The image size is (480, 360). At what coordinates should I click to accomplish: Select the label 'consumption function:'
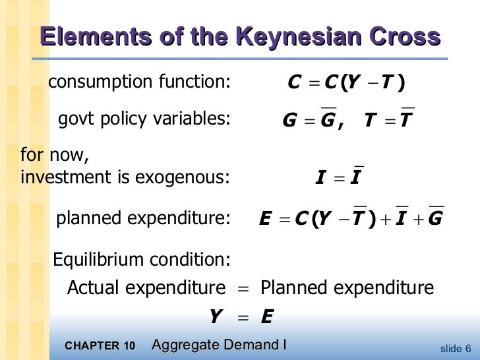[139, 82]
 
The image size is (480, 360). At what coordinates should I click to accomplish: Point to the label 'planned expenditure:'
[143, 218]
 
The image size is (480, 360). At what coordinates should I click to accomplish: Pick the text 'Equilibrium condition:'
[140, 260]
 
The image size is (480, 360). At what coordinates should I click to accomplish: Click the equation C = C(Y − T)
[347, 83]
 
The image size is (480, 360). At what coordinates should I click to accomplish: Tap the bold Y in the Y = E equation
[215, 318]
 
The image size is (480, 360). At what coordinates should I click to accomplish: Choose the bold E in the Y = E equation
[266, 318]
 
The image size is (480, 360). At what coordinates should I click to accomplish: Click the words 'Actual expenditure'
[146, 288]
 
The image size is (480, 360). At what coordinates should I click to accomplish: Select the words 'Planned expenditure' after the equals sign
[347, 288]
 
